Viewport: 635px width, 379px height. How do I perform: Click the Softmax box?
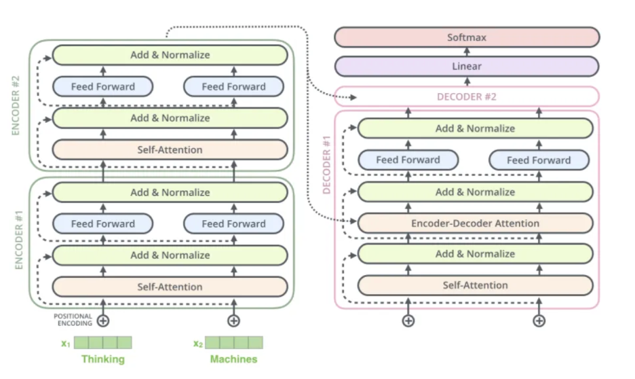[467, 37]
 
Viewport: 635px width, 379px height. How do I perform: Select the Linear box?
[467, 66]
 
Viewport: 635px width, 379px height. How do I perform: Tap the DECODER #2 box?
[467, 96]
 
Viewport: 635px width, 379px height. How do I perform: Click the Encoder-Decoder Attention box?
[475, 223]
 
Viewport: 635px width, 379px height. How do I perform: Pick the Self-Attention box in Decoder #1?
[475, 285]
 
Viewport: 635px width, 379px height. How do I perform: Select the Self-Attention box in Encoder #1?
[170, 287]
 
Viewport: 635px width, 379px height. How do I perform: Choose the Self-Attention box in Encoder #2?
[170, 149]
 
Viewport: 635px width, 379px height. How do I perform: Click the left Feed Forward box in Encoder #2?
[103, 86]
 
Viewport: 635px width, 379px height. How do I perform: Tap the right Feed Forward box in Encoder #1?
[233, 223]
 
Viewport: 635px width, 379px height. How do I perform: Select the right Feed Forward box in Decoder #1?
[539, 160]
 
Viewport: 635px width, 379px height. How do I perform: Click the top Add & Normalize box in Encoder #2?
[170, 55]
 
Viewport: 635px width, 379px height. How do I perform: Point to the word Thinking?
[103, 359]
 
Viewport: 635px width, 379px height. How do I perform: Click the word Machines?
[233, 359]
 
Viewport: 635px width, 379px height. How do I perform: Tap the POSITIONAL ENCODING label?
[73, 319]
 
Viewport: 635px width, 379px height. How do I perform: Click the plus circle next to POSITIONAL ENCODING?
[103, 321]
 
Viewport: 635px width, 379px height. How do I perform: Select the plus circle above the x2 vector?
[233, 321]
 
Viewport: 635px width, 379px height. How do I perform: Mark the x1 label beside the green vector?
[66, 344]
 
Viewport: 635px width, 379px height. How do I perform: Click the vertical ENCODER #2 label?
[16, 105]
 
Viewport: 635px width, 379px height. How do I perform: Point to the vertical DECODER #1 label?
[327, 164]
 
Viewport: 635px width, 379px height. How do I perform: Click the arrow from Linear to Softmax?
[467, 52]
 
